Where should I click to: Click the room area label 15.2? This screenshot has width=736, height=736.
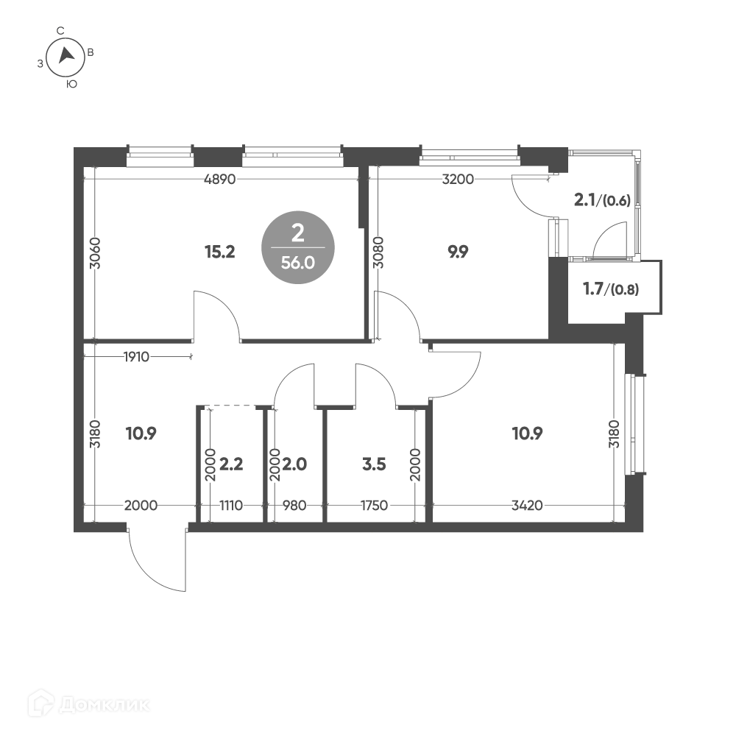219,252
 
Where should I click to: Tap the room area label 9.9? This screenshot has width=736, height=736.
458,252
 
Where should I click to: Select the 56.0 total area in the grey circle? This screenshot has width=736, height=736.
297,263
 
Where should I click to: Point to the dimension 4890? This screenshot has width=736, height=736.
220,180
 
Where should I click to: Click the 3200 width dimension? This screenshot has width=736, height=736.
458,180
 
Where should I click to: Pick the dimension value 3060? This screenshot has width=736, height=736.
95,253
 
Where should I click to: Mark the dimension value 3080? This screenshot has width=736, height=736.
378,252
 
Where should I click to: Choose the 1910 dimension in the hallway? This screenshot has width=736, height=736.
137,357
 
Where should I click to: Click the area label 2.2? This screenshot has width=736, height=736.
231,464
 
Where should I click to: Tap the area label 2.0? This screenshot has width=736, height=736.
295,464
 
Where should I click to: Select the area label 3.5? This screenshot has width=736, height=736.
374,464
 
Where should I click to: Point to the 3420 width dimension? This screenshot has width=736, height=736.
527,506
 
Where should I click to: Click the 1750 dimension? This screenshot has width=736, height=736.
374,506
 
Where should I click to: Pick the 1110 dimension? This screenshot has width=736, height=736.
231,506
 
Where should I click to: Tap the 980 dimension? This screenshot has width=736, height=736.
295,506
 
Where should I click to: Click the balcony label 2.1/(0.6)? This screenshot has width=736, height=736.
602,200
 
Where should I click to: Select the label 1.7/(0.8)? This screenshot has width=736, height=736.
611,289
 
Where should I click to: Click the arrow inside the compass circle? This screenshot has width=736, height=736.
66,55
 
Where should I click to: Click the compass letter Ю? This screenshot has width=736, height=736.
72,85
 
